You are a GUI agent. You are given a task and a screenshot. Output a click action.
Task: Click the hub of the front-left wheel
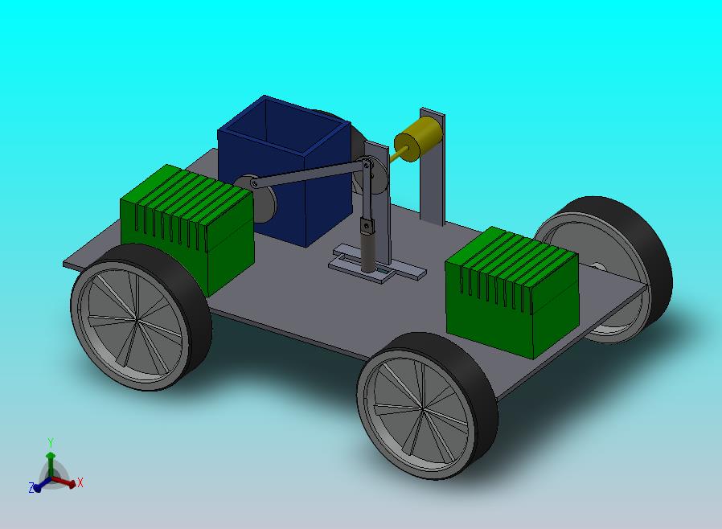click(137, 320)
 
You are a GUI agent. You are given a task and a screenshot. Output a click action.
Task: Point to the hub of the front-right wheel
click(421, 408)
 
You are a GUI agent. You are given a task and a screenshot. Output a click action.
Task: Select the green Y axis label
click(51, 443)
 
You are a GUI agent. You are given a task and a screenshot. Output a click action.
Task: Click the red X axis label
click(80, 482)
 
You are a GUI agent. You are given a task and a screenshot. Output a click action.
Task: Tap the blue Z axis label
click(31, 487)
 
